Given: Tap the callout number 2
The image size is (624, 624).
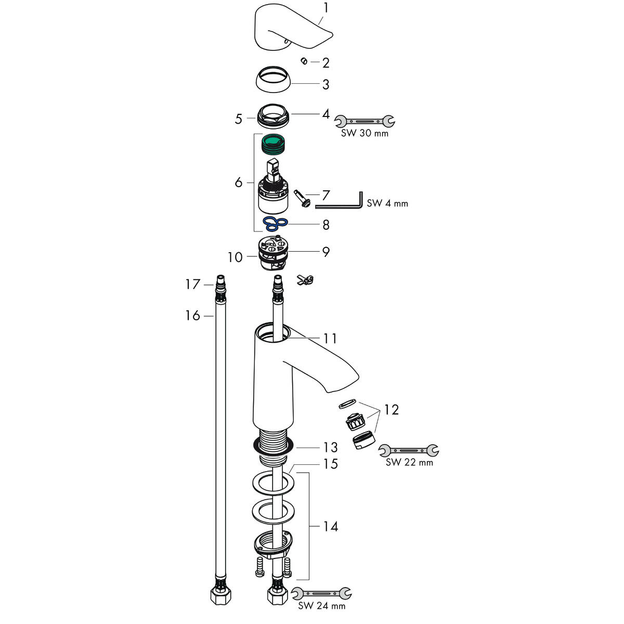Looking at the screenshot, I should click(326, 63).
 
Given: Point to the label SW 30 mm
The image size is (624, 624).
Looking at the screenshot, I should click(365, 133).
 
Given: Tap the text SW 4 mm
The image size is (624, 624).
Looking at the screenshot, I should click(387, 203).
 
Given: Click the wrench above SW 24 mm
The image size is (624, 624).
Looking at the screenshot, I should click(321, 593).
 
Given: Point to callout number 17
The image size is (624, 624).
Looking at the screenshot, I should click(193, 284).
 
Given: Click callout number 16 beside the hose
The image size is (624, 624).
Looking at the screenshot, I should click(193, 315).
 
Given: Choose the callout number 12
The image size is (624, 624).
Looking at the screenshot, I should click(392, 410).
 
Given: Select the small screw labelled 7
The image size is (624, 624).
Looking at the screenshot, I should click(303, 199).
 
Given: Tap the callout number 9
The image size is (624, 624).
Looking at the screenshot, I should click(326, 252).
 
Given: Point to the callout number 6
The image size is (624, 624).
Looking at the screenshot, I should click(239, 183).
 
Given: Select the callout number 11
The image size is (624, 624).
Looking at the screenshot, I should click(330, 339).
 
